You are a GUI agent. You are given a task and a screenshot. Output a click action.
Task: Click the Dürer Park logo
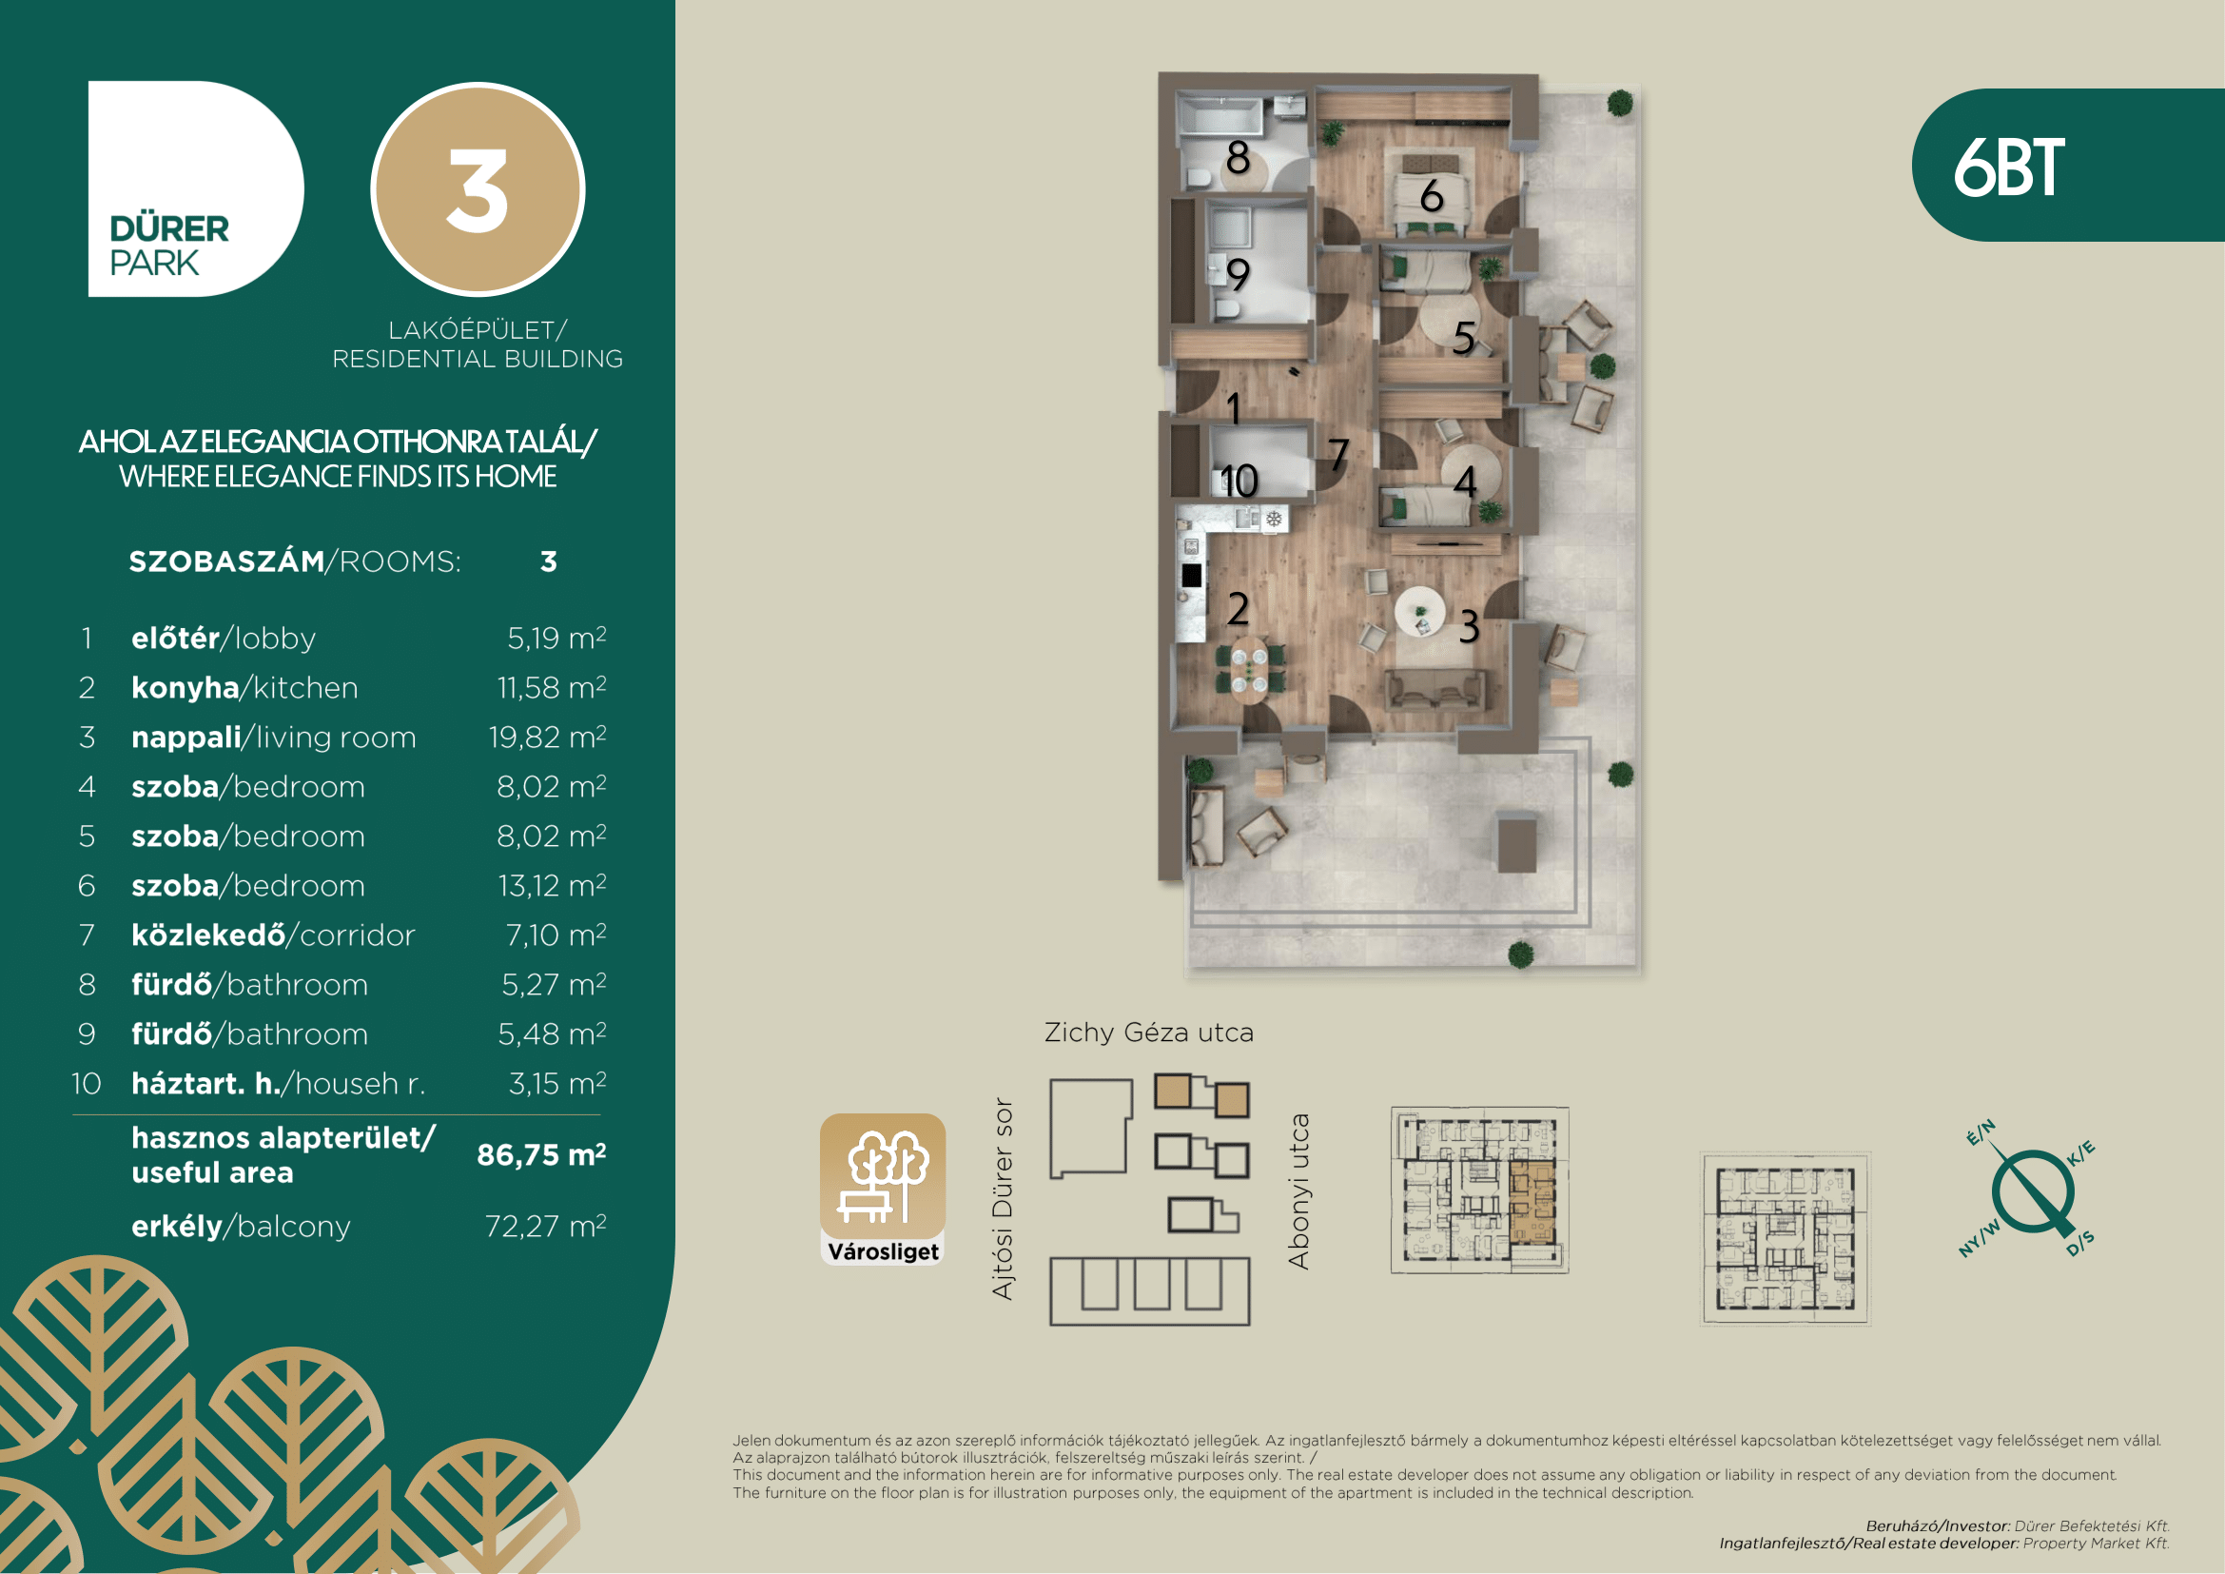coord(196,189)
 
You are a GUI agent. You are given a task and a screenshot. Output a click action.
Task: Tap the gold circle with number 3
coord(478,189)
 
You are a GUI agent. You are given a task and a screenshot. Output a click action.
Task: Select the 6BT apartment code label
coord(2008,167)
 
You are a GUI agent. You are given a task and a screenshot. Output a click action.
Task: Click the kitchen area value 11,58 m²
coord(552,687)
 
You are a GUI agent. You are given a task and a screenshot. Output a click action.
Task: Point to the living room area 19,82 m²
coord(548,737)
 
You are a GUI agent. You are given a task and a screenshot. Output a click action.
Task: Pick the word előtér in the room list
coord(175,638)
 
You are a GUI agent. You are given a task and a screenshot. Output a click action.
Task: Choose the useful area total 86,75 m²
coord(540,1154)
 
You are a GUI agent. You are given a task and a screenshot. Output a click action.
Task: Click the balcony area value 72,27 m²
coord(546,1226)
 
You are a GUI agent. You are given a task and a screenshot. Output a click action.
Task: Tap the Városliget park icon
coord(883,1190)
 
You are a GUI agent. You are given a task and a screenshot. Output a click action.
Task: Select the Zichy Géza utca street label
coord(1148,1033)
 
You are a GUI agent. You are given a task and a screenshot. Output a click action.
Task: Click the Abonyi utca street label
coord(1298,1191)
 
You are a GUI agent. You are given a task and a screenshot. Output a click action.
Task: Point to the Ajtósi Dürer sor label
coord(1003,1199)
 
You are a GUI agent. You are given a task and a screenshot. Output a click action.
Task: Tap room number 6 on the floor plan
coord(1432,196)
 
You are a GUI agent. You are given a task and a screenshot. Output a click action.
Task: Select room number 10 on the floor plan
coord(1239,481)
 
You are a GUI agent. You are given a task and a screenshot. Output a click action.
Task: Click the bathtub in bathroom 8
coord(1220,116)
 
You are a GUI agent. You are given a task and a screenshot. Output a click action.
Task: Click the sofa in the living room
coord(1435,689)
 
